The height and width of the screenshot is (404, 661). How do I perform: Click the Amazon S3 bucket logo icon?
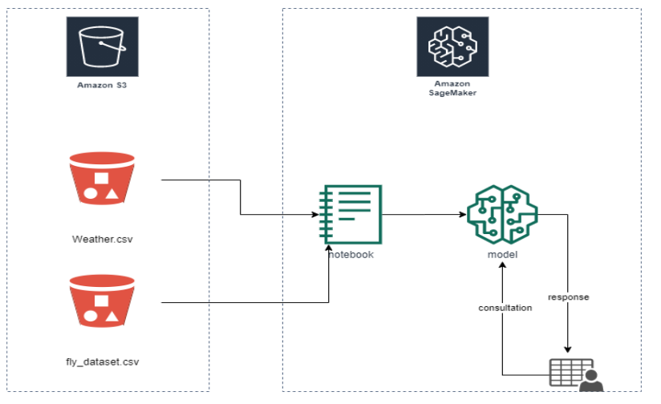103,45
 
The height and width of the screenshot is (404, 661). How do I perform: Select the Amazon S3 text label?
103,84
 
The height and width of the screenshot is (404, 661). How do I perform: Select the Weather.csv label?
102,238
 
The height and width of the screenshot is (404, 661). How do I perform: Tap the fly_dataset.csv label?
103,362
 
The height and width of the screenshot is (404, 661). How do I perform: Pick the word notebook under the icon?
351,254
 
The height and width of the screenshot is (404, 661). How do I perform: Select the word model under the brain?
503,254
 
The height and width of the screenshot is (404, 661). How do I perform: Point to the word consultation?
505,308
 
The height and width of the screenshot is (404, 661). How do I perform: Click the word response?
568,297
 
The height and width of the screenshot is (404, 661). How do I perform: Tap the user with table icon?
575,374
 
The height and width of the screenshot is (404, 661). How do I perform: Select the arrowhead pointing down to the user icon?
569,349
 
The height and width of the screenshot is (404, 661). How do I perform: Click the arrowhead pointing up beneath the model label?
503,267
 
